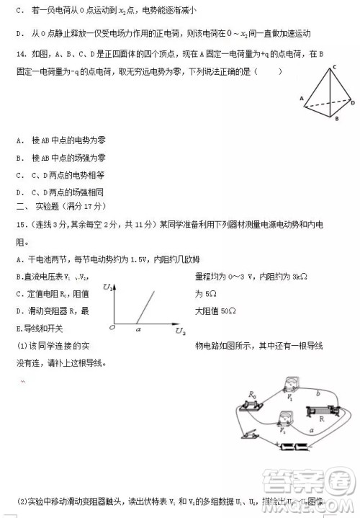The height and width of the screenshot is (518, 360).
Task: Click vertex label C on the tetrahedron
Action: pos(335,67)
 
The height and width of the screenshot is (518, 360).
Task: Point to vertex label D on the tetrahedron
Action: pos(353,103)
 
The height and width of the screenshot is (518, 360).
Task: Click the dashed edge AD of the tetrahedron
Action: pos(328,102)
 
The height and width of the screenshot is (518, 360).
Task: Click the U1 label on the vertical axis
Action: pos(107,288)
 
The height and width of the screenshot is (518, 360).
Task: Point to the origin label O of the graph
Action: pos(112,328)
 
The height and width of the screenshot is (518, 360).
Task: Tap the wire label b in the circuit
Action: pos(319,392)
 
